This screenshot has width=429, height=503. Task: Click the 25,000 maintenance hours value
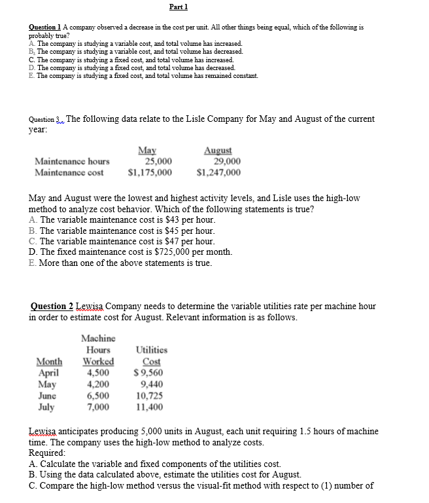click(158, 161)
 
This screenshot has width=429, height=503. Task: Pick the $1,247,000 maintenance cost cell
click(218, 172)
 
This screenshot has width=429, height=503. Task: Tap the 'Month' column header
click(49, 362)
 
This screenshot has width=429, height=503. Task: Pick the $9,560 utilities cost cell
click(148, 373)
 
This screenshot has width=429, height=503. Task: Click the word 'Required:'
click(47, 453)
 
